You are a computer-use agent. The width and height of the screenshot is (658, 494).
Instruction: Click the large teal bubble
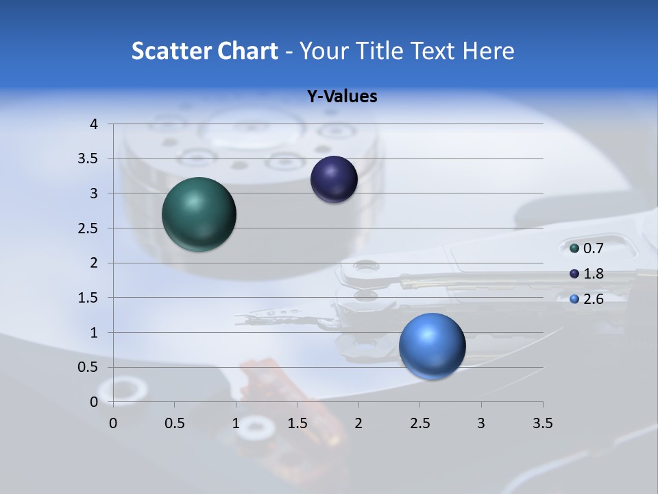click(x=199, y=214)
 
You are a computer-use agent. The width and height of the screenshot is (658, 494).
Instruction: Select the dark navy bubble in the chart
click(x=334, y=180)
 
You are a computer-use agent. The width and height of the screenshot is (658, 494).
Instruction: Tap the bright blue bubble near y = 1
click(x=432, y=346)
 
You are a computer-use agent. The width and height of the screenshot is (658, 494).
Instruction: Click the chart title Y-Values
click(x=341, y=97)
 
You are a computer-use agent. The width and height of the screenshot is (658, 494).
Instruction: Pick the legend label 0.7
click(x=593, y=248)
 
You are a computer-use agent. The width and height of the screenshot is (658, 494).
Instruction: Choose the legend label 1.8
click(x=593, y=274)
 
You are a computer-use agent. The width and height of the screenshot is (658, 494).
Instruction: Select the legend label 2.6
click(x=593, y=299)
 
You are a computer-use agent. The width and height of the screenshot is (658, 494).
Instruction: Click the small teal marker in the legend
click(x=574, y=248)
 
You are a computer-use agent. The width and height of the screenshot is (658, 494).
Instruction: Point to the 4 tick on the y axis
click(x=94, y=124)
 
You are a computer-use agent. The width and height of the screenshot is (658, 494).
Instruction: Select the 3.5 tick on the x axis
click(x=542, y=424)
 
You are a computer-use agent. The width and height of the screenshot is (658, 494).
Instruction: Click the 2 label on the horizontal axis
click(x=358, y=424)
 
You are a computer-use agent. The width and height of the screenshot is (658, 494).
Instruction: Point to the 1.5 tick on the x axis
click(x=297, y=424)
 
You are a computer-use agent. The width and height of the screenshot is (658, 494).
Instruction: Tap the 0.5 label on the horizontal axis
click(x=174, y=424)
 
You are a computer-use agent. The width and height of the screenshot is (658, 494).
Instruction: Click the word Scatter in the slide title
click(x=171, y=51)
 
